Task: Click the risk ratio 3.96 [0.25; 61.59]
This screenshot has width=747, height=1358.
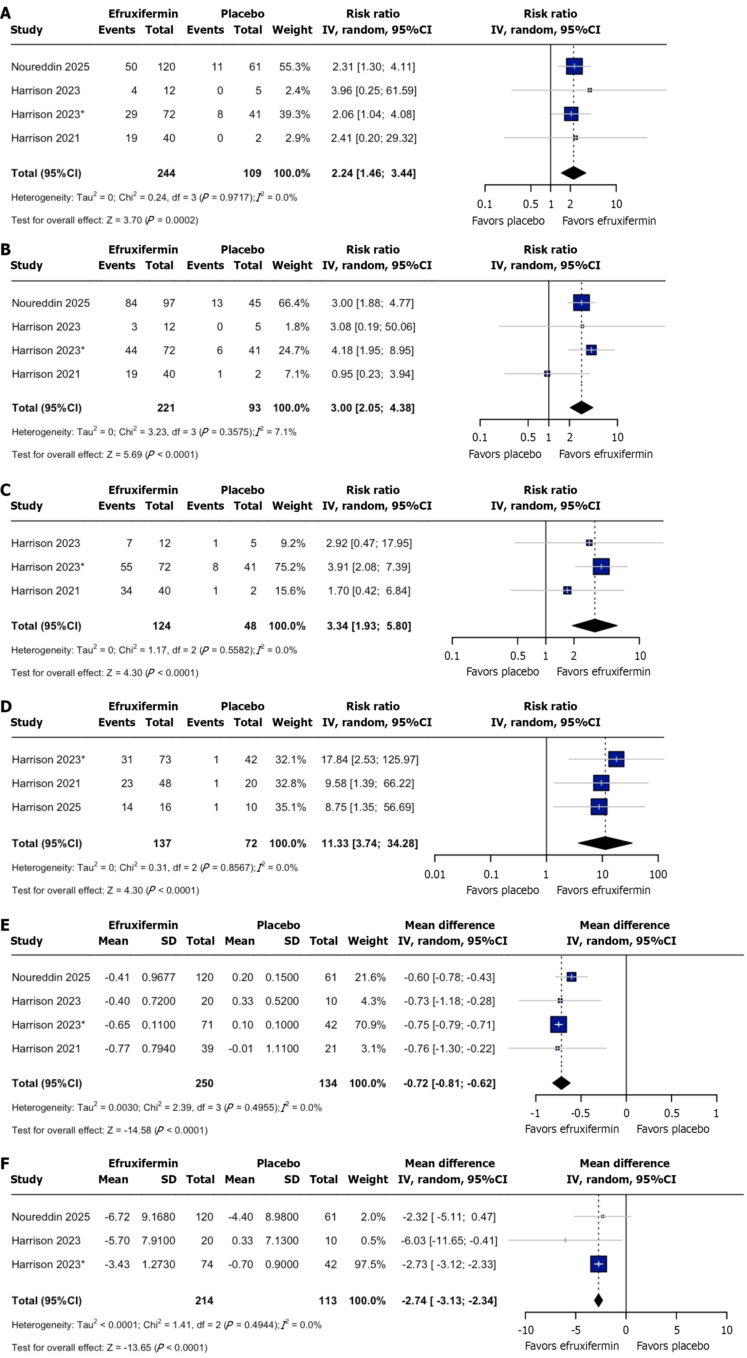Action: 373,91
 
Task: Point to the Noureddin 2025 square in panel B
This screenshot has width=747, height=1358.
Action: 581,303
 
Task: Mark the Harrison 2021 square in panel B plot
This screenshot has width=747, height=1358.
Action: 547,374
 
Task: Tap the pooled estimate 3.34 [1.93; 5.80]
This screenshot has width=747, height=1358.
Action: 369,626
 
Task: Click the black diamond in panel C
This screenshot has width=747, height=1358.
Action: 594,626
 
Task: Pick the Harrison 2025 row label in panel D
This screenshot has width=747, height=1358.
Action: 47,807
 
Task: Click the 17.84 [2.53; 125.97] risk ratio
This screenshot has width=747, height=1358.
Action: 370,760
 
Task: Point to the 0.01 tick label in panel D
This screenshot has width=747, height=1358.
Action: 435,874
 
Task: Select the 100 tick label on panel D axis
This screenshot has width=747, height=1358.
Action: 658,874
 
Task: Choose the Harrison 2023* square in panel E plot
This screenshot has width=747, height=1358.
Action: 558,1024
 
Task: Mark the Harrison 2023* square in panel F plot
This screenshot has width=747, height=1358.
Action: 598,1264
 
